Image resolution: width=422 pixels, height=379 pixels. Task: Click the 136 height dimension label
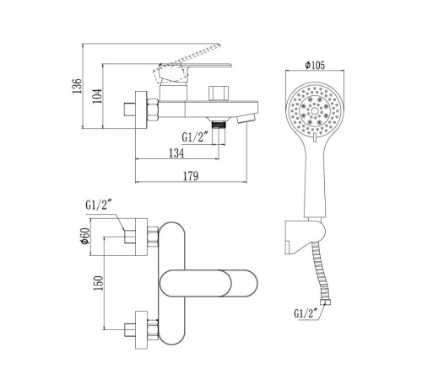coord(77,86)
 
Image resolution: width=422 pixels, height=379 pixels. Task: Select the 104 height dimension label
coord(97,96)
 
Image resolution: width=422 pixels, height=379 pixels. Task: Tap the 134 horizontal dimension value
coord(176,153)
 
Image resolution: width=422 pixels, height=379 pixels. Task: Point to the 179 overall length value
coord(191,176)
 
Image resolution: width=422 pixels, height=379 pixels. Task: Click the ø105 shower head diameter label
coord(315,65)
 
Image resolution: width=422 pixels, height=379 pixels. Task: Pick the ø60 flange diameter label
coord(85,237)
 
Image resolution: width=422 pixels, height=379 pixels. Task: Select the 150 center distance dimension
coord(99,283)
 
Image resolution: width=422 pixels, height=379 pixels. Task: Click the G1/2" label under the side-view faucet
coord(195,137)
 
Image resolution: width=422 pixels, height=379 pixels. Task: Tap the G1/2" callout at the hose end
coord(306,313)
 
